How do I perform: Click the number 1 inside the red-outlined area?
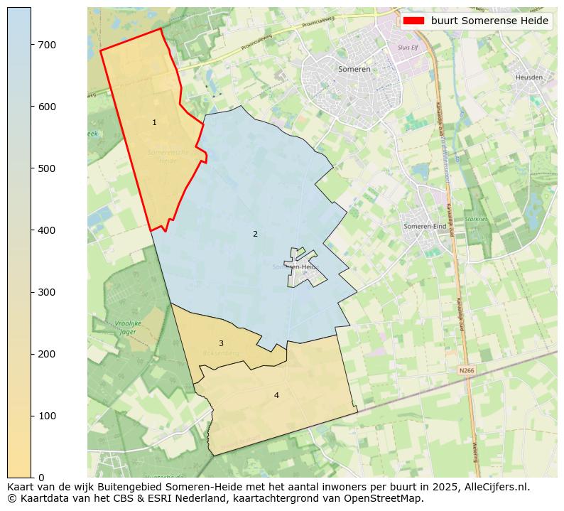click(154, 123)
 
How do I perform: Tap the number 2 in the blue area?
click(255, 234)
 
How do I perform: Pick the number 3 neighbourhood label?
click(221, 343)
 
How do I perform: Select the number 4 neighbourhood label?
click(276, 395)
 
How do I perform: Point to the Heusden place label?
click(528, 77)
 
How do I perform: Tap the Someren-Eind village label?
click(425, 226)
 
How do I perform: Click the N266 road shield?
click(466, 370)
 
